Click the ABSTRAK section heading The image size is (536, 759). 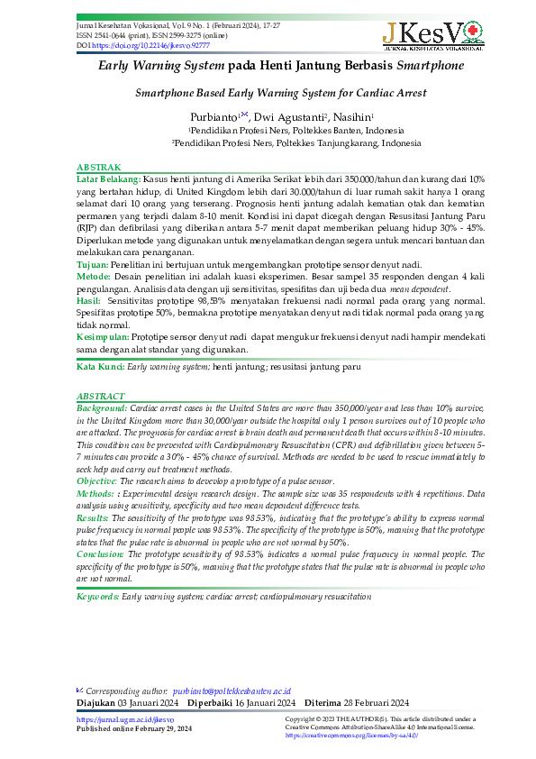pyautogui.click(x=98, y=169)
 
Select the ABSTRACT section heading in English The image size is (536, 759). pyautogui.click(x=101, y=397)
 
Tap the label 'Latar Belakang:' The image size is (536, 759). pyautogui.click(x=108, y=179)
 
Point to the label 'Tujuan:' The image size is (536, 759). pyautogui.click(x=92, y=265)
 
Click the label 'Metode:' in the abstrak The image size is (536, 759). pyautogui.click(x=94, y=277)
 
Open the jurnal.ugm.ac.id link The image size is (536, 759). pyautogui.click(x=113, y=719)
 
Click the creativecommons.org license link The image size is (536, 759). pyautogui.click(x=341, y=736)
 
